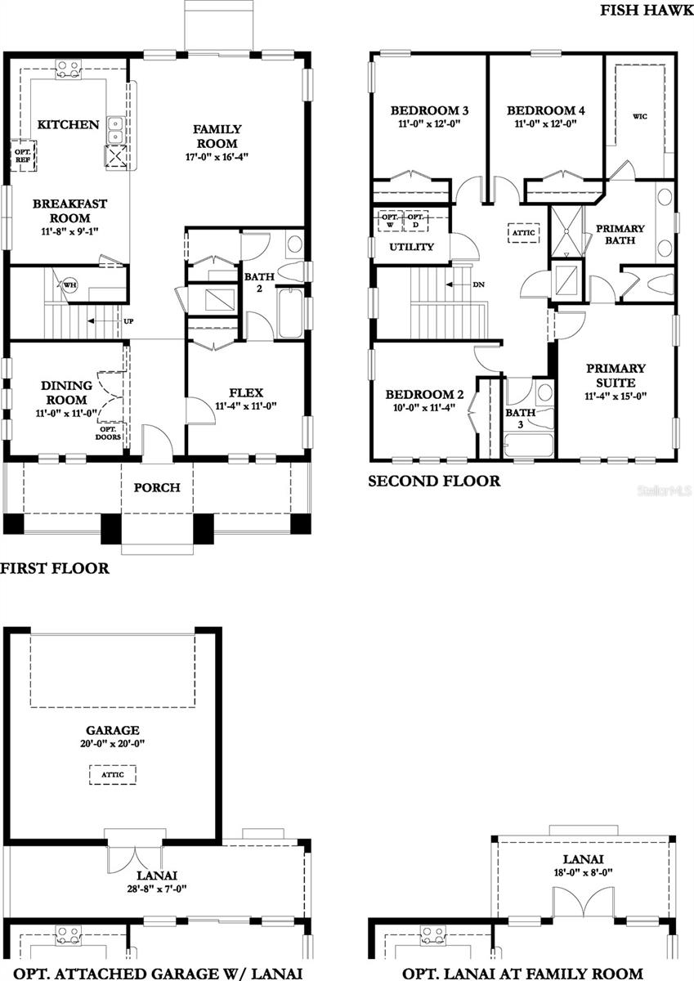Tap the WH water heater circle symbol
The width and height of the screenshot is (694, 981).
tap(70, 284)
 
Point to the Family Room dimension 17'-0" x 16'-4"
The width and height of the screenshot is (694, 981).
tap(217, 155)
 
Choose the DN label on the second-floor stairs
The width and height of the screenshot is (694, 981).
tap(478, 284)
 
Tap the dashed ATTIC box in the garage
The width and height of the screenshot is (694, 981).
tap(112, 774)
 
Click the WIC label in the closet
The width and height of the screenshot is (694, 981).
tap(639, 117)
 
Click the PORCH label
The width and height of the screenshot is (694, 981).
tap(157, 488)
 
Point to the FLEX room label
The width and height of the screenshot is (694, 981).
tap(246, 392)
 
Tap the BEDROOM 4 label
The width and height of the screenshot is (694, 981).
tap(545, 110)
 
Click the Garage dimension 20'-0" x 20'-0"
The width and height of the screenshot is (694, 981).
tap(112, 744)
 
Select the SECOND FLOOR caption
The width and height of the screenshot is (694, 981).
tap(433, 482)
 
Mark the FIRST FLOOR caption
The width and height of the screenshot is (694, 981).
tap(55, 568)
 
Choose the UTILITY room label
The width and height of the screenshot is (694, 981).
tap(412, 247)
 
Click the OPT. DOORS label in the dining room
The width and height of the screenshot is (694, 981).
tap(110, 432)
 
